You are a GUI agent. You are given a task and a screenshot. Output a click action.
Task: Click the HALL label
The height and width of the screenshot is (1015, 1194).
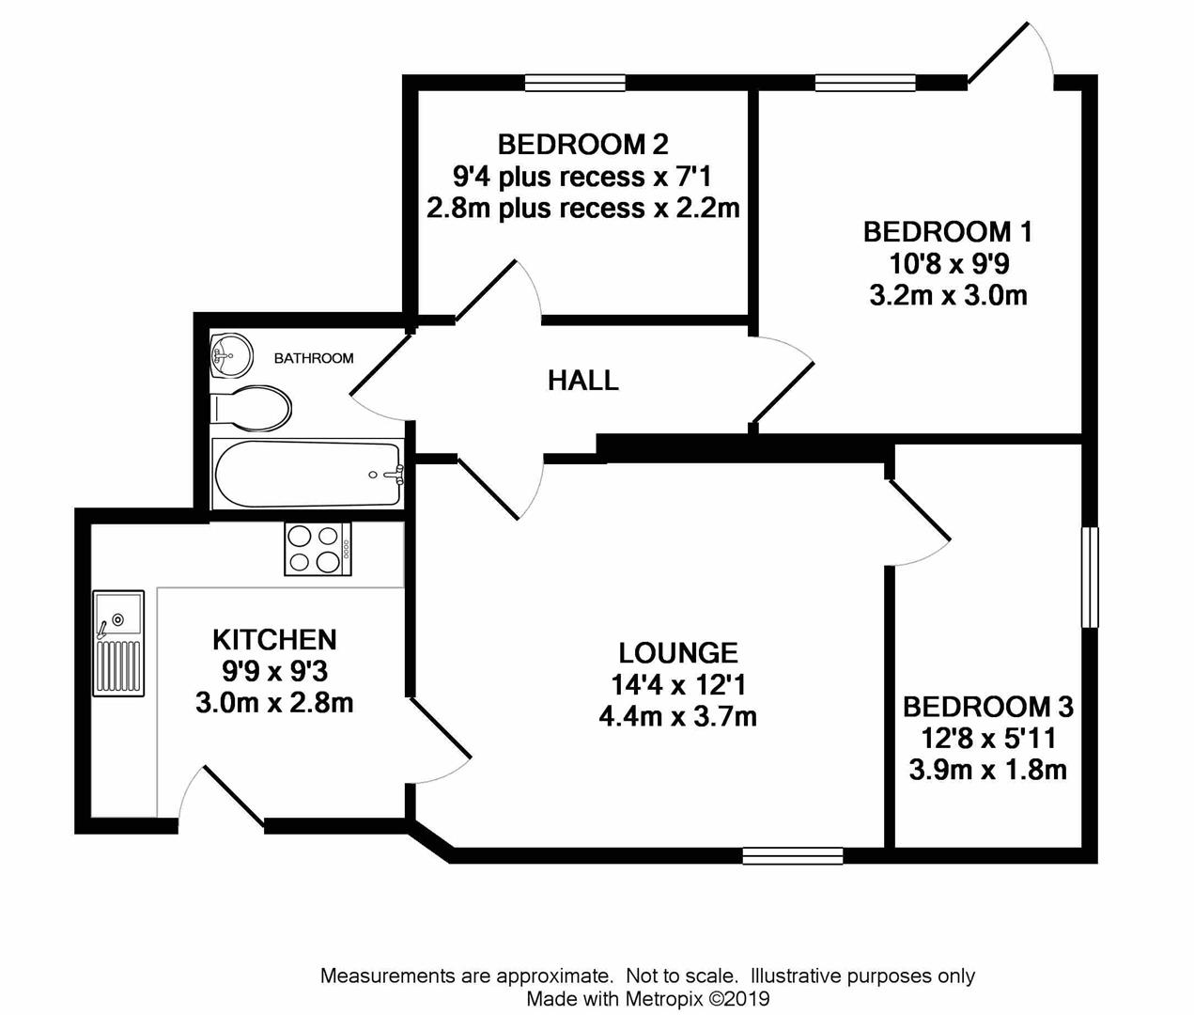[x=583, y=381]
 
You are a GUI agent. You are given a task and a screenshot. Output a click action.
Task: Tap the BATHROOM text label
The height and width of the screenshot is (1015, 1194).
[x=314, y=358]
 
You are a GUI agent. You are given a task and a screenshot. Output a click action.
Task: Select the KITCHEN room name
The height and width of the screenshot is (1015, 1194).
[x=274, y=640]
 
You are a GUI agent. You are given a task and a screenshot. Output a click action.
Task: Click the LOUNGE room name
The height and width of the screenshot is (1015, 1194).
[x=677, y=652]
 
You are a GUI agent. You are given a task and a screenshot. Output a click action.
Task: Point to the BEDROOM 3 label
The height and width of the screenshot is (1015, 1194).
[x=987, y=707]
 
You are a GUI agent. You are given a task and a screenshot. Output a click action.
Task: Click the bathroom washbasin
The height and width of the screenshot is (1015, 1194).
[x=229, y=354]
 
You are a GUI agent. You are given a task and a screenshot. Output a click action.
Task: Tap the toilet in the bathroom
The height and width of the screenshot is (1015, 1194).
[x=253, y=408]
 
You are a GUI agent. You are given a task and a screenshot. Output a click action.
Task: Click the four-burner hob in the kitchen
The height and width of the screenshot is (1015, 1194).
[x=318, y=549]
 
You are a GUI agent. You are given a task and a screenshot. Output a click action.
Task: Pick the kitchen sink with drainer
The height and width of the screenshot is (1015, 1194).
[x=118, y=644]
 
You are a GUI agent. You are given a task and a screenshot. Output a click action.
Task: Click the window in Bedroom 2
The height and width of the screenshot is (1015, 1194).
[x=575, y=84]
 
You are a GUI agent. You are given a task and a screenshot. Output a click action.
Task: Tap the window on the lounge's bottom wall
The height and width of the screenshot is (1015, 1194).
[x=792, y=855]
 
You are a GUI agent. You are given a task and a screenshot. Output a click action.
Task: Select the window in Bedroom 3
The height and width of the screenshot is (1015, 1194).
[x=1089, y=577]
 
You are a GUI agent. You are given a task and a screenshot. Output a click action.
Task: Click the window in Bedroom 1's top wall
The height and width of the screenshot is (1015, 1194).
[x=865, y=84]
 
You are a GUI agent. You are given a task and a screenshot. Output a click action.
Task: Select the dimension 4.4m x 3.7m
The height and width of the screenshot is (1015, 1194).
[x=677, y=717]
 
